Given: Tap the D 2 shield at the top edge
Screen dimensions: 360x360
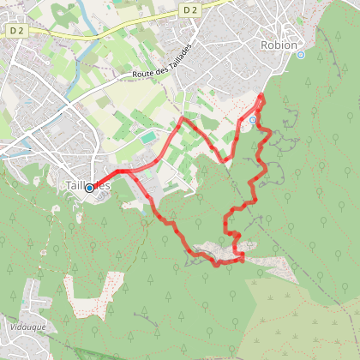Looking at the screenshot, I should [190, 7].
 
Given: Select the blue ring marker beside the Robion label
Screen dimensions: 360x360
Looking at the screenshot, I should [301, 54].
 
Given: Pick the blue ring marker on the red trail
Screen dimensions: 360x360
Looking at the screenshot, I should [253, 120].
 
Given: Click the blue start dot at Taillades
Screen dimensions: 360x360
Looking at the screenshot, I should [89, 188].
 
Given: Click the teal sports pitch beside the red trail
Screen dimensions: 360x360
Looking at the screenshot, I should [150, 137].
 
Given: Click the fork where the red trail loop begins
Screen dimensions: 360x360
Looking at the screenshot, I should [129, 171].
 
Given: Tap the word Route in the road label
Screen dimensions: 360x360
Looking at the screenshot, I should [143, 75].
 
